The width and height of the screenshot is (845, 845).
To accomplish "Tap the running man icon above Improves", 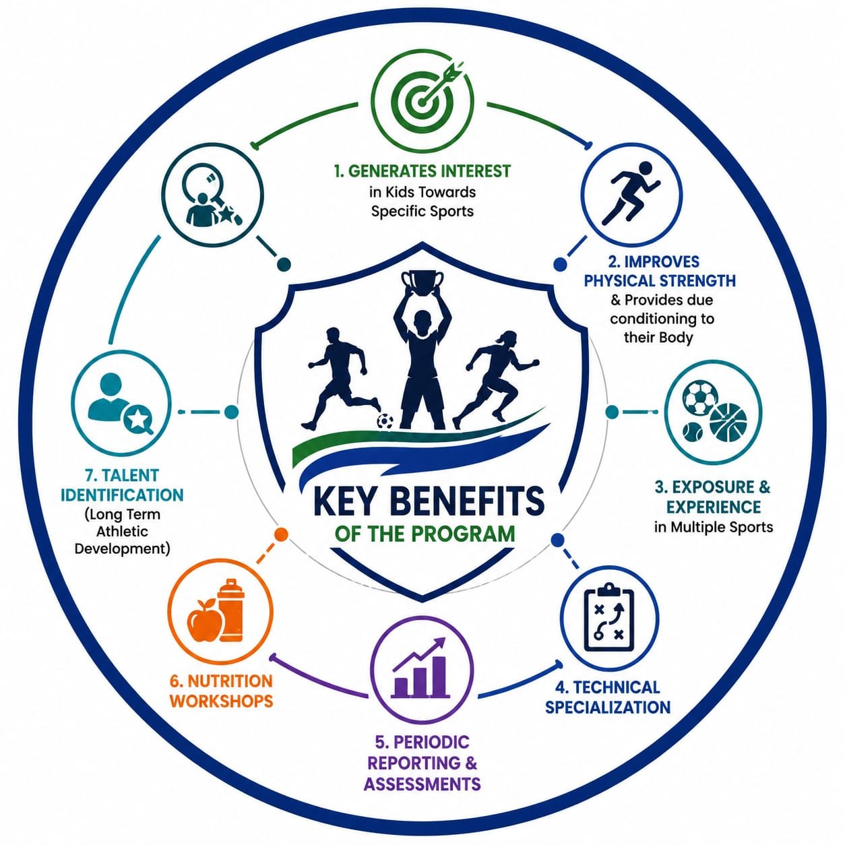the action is point(631,193).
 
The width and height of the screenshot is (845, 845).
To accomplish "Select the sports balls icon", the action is point(714,412).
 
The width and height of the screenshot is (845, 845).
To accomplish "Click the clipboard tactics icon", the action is point(610,617).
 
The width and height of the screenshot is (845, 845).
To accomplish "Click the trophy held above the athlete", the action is point(422,282).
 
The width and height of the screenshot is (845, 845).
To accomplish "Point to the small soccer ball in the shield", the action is point(385,421).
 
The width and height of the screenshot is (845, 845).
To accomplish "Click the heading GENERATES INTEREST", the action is point(422,170).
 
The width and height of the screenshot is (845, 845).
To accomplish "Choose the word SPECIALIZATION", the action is point(608,707).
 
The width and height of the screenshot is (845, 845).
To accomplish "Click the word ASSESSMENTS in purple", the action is point(422,783).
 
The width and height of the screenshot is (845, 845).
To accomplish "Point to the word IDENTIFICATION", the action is point(122,495).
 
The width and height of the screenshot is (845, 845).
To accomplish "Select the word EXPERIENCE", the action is point(714,507).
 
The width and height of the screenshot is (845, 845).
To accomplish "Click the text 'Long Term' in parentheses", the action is point(122,514).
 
